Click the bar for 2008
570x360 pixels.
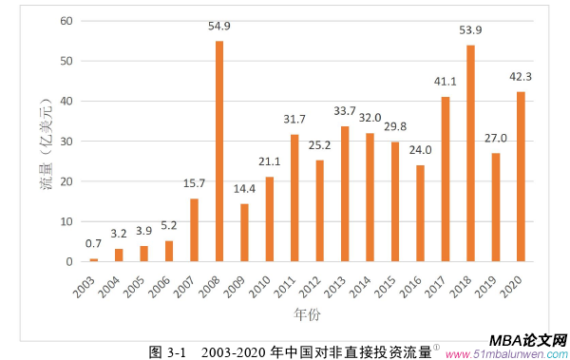219,152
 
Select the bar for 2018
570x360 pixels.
470,154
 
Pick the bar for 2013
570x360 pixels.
345,194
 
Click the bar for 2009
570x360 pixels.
244,233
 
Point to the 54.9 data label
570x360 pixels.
219,26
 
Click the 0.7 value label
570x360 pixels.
94,244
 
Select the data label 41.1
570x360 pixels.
445,82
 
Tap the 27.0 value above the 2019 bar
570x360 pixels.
495,139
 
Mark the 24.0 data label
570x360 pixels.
420,150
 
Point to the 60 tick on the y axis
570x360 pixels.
66,21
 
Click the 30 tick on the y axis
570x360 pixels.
66,142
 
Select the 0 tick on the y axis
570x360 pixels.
69,262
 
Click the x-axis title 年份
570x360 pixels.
306,311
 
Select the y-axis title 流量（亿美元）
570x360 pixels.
45,142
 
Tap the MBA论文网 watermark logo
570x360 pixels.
527,340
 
